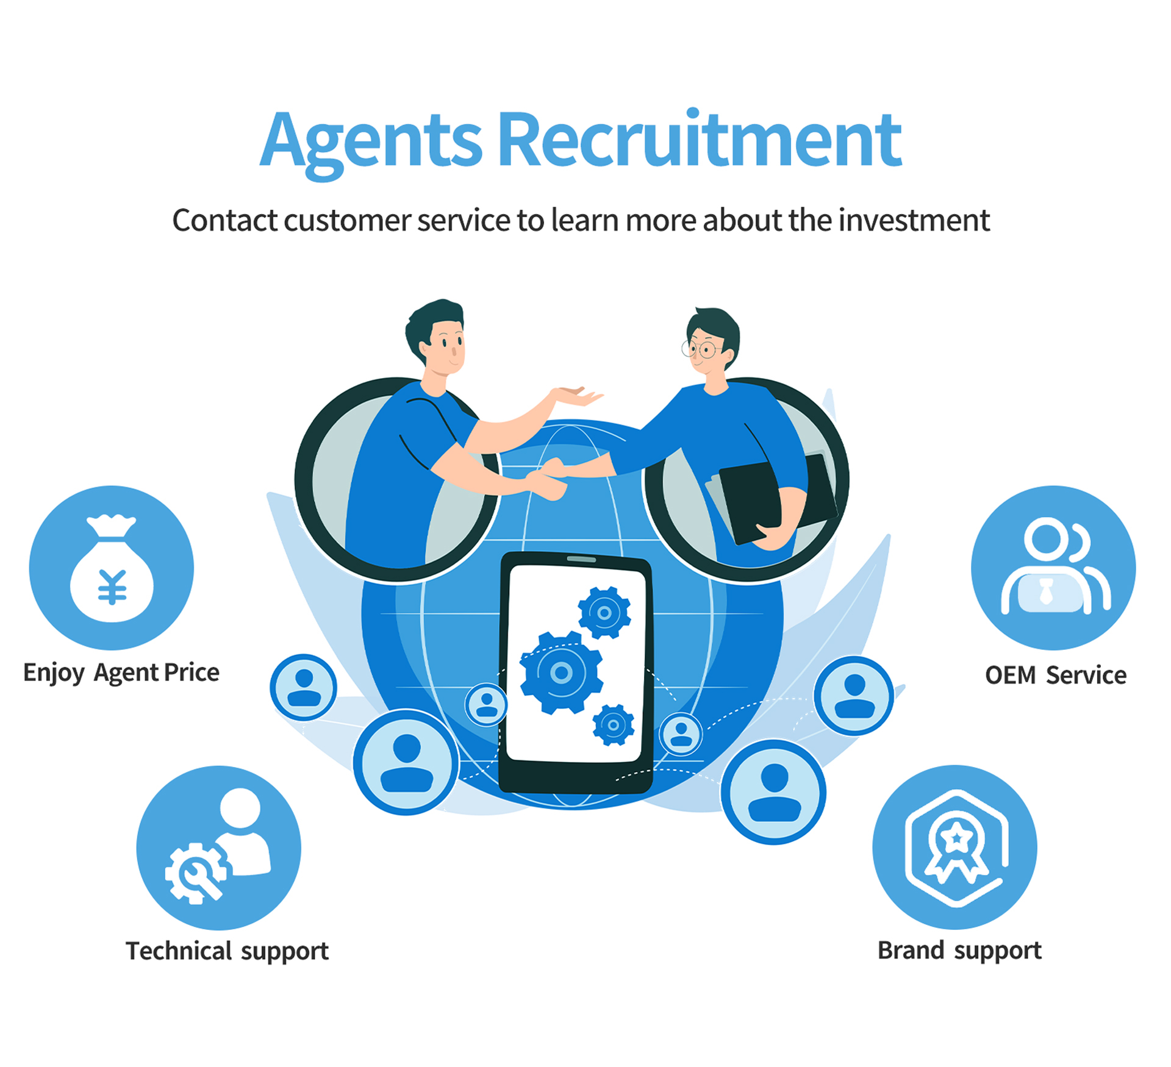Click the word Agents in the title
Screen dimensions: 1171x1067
coord(371,141)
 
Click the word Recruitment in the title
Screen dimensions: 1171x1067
coord(700,141)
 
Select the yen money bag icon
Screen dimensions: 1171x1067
coord(112,569)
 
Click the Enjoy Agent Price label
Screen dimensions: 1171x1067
coord(121,673)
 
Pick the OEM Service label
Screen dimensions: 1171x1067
coord(1056,676)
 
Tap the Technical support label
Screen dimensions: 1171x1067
coord(227,951)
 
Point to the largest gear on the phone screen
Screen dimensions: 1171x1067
coord(561,673)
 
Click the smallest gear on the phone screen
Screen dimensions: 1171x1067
coord(614,725)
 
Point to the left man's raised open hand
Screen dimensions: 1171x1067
coord(576,396)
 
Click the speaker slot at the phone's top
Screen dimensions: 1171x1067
coord(581,559)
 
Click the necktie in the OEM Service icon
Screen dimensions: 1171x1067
coord(1047,591)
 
